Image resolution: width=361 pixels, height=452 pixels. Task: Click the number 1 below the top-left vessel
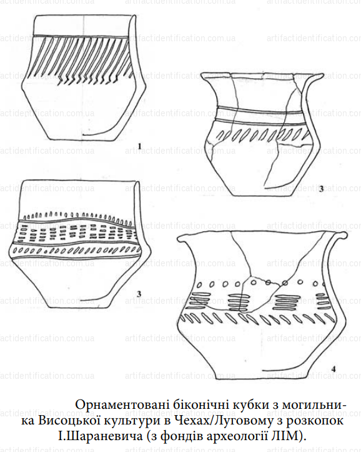(140, 146)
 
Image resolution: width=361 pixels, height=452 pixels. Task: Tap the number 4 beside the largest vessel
(334, 369)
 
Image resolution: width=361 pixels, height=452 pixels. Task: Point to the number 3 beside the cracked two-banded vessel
(321, 189)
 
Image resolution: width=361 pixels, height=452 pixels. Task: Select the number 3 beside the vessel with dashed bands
(139, 294)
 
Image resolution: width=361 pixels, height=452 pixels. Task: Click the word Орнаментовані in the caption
(121, 404)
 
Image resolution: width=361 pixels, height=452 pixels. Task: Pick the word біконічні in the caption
(199, 404)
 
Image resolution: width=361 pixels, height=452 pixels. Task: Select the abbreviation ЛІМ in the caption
(289, 436)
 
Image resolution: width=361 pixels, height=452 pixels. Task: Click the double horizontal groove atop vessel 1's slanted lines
(81, 36)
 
